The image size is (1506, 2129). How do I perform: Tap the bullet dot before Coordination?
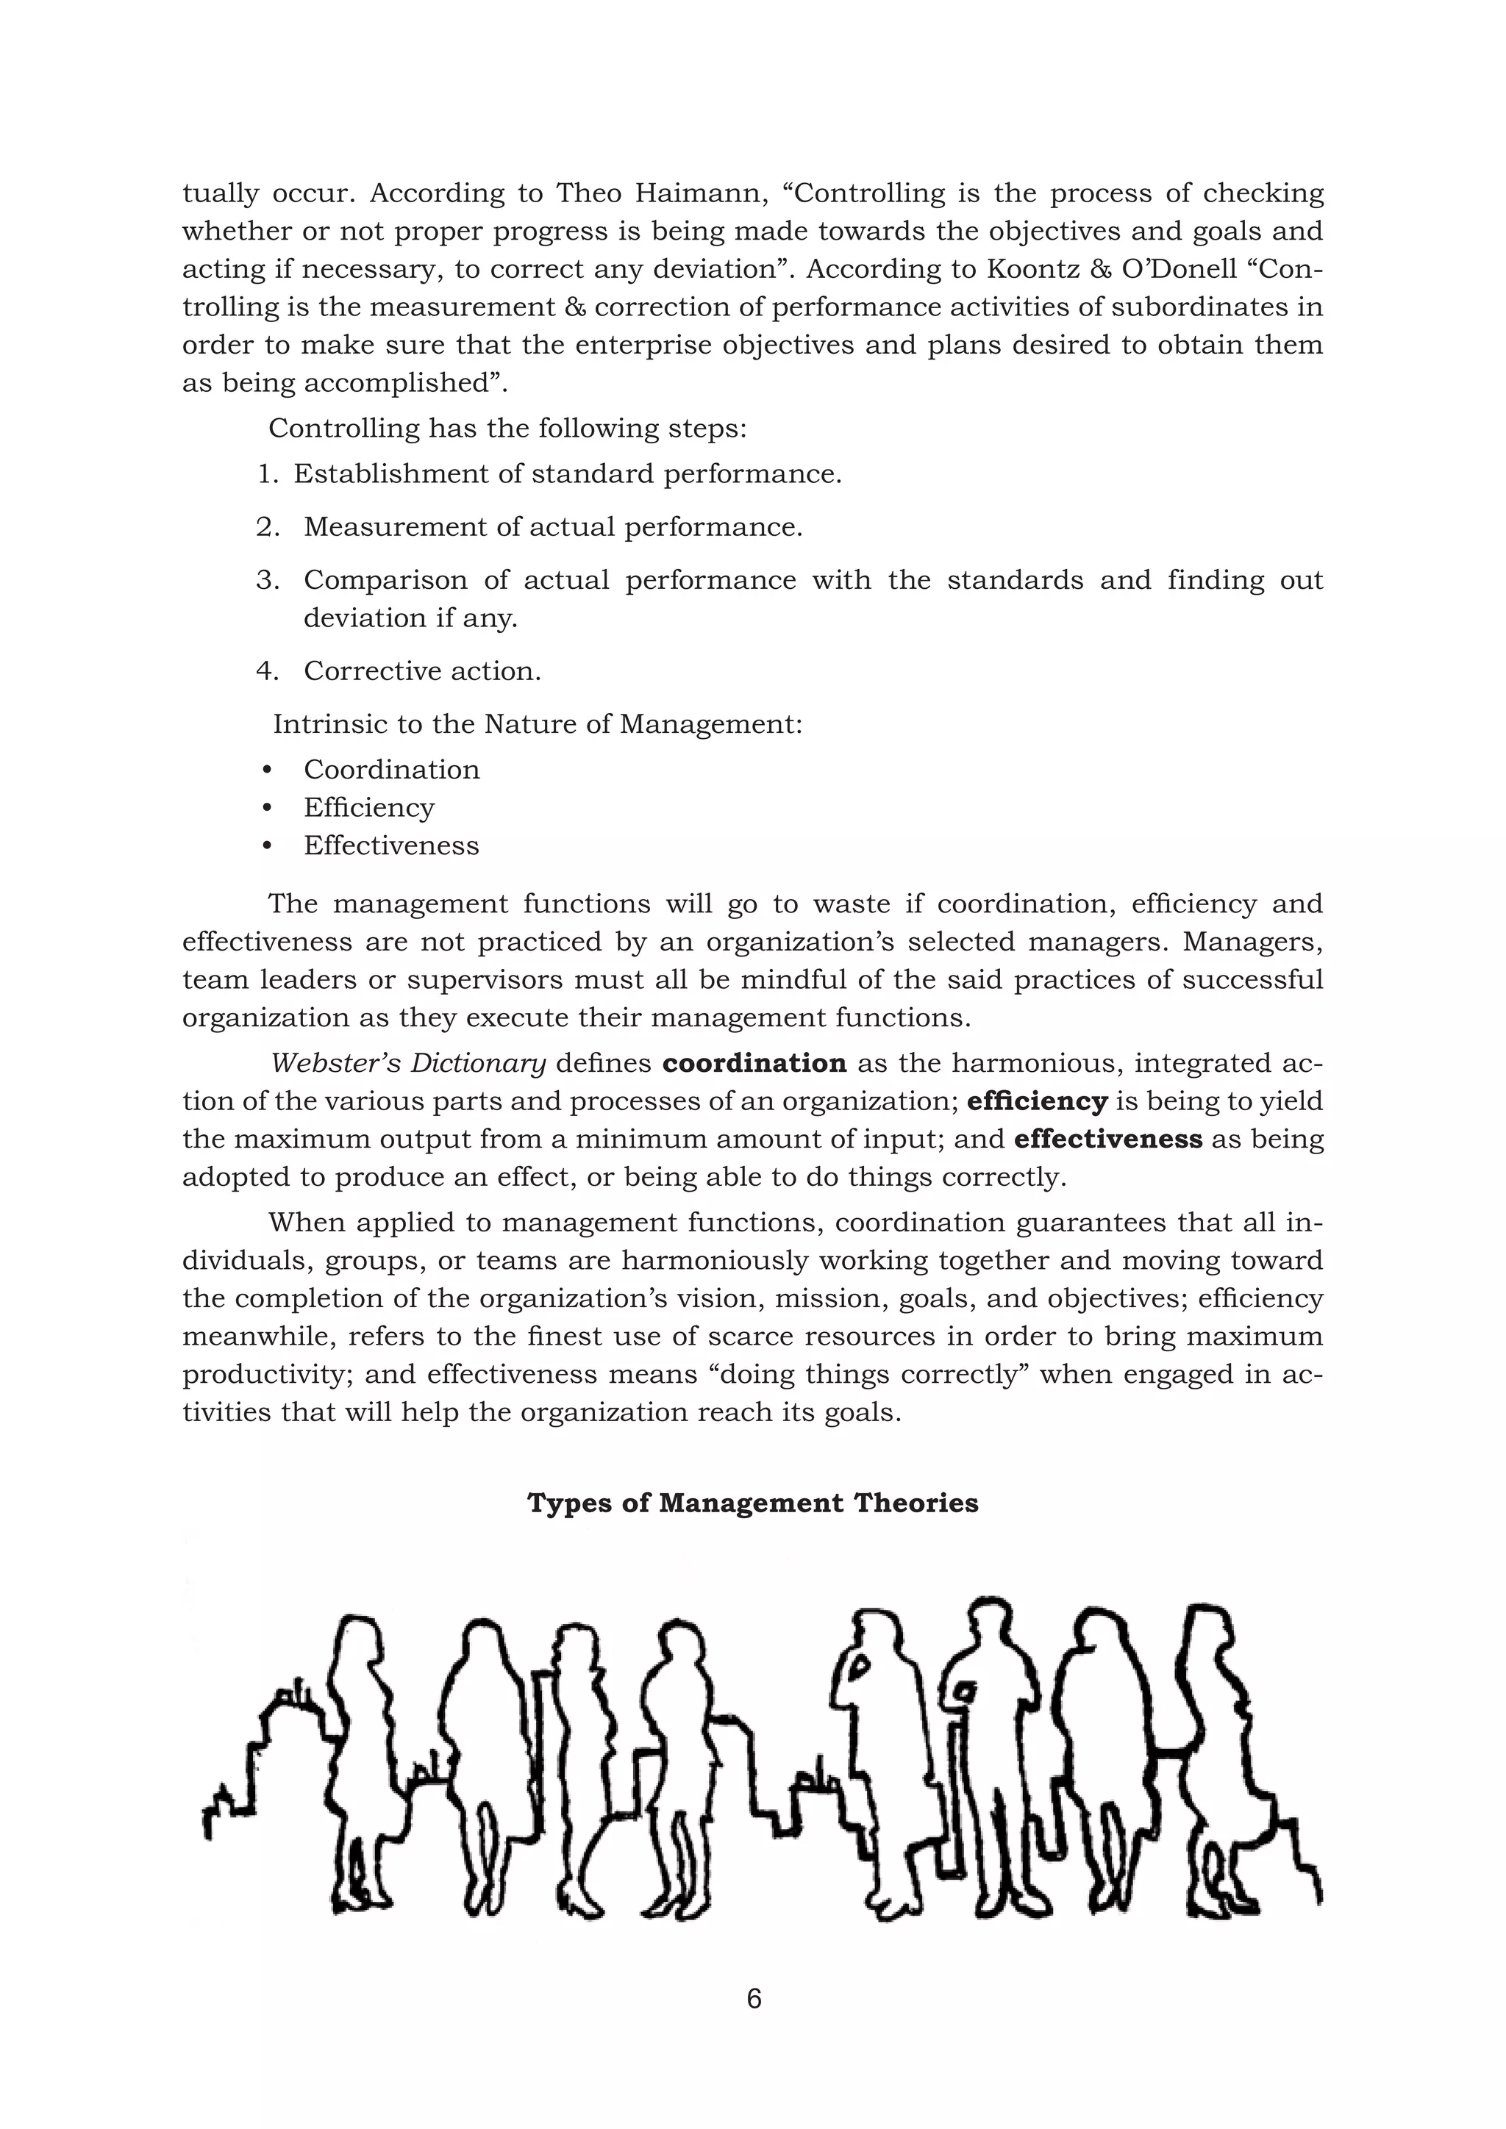coord(267,770)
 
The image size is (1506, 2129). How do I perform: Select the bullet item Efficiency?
coord(369,808)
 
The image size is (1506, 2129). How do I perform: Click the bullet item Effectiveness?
coord(391,845)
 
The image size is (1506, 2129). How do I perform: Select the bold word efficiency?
coord(1037,1101)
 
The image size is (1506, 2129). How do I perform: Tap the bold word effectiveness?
coord(1107,1139)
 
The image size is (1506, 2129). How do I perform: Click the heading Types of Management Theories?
coord(752,1503)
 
